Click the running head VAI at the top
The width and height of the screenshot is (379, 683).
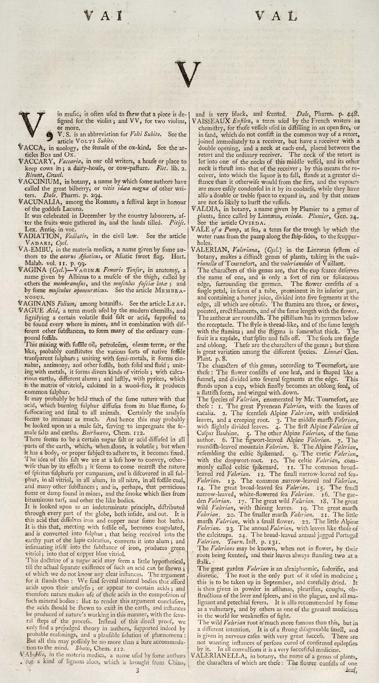click(x=103, y=16)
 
